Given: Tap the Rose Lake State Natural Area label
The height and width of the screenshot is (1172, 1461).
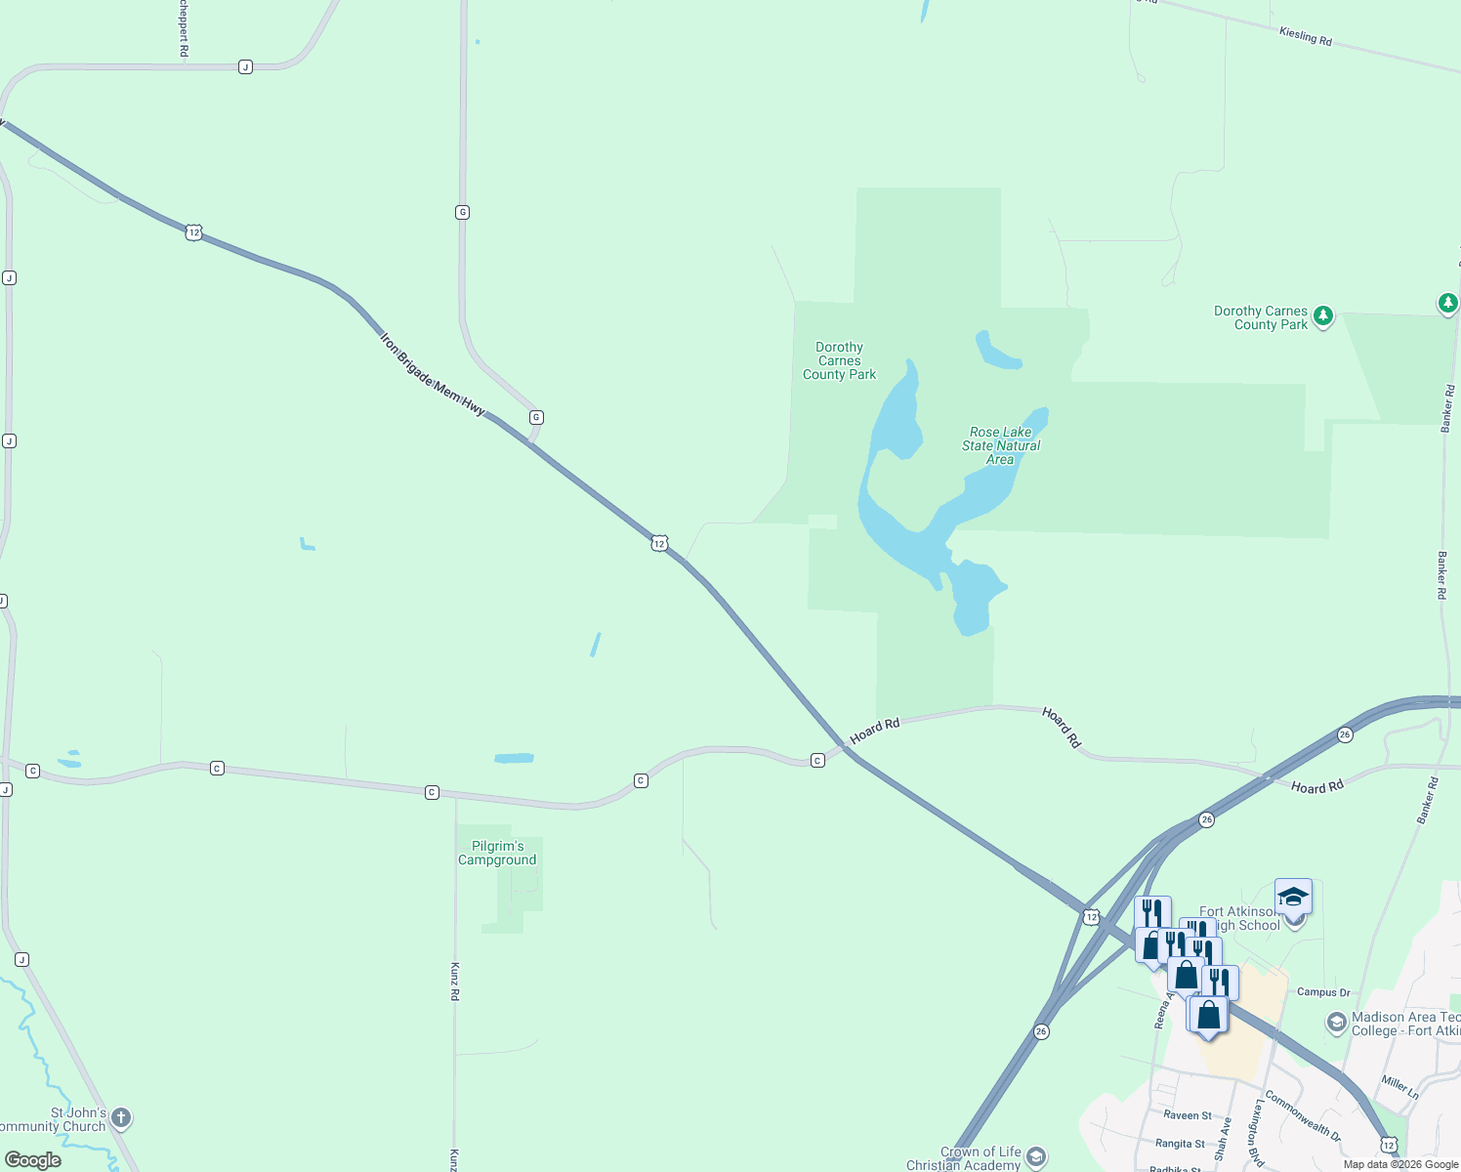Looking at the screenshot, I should tap(1001, 445).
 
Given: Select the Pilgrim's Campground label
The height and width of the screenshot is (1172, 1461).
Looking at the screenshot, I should tap(497, 853).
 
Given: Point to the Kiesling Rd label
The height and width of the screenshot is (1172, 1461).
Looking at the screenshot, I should tap(1305, 36).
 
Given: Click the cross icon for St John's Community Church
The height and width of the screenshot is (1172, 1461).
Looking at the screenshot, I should tap(121, 1117).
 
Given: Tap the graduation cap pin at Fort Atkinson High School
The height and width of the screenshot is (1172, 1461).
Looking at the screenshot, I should tap(1293, 897).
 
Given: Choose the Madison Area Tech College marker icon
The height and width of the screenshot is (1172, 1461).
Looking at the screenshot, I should tap(1336, 1023).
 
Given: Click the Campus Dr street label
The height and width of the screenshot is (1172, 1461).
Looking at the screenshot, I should tap(1323, 992).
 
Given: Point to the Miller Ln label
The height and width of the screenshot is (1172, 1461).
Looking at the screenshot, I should tap(1399, 1087).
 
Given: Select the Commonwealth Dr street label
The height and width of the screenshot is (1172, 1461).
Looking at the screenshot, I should tap(1303, 1115).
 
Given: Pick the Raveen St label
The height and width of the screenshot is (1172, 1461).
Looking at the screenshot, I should tap(1187, 1115).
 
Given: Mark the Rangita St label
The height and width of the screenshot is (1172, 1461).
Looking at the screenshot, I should tap(1180, 1144).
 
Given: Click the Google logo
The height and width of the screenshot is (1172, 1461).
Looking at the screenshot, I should tap(33, 1160).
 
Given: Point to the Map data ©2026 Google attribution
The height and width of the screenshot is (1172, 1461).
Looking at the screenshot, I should tap(1400, 1164).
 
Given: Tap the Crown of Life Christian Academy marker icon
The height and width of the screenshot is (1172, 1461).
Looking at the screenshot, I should tap(1036, 1157).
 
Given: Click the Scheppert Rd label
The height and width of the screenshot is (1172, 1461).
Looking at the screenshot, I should tap(183, 27).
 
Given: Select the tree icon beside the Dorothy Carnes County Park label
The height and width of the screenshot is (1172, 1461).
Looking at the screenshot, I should tap(1323, 315).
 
